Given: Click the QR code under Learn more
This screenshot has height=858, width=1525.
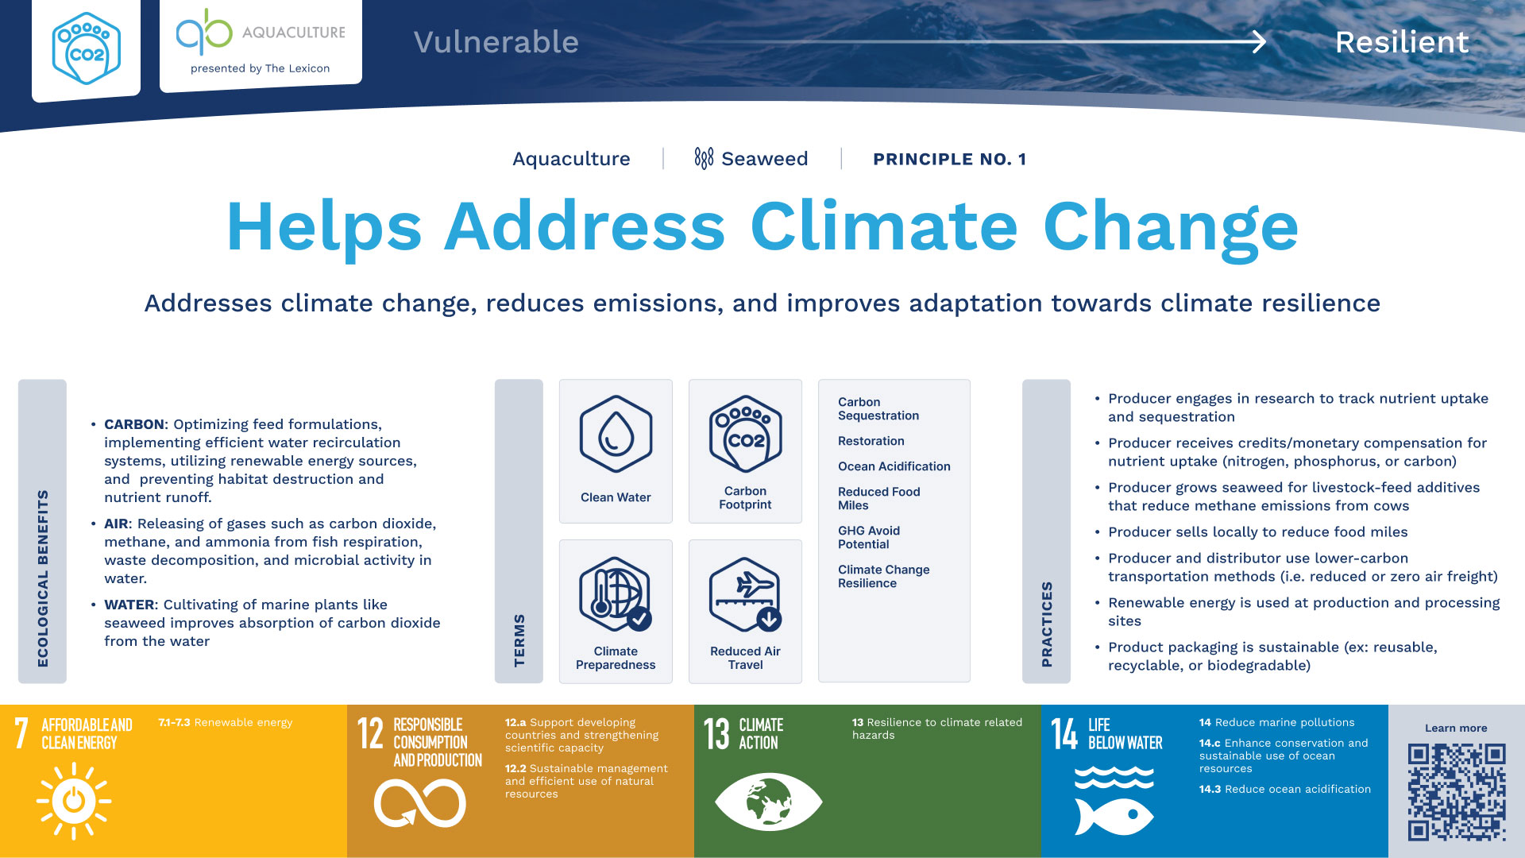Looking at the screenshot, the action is (1457, 792).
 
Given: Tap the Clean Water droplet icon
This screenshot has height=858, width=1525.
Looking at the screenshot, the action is (616, 434).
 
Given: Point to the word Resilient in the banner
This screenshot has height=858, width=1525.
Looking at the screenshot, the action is (1402, 42).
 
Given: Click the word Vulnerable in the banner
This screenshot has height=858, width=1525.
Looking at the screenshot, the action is (496, 42).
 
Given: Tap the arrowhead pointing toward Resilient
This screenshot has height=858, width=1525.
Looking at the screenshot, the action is (1258, 41).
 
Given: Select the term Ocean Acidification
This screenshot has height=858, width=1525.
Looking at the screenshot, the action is (894, 466).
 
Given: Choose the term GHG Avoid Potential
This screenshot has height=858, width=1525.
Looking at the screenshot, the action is (869, 537).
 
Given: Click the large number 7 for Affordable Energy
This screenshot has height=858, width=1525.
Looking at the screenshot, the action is (21, 732).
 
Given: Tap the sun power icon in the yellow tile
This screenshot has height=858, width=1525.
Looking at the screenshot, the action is (74, 801).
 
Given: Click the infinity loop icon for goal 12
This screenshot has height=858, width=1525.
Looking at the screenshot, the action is (420, 802).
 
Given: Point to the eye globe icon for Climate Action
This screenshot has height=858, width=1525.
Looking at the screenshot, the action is (768, 802).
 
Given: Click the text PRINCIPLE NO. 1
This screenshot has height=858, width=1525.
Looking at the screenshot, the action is (950, 159).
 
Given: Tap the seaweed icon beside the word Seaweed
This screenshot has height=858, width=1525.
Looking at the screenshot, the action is (704, 158).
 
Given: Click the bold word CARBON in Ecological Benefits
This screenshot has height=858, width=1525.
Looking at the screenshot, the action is (134, 424).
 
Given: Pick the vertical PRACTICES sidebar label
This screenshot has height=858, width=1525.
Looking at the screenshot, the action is (1047, 624).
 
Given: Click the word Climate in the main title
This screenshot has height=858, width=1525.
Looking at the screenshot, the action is (884, 227).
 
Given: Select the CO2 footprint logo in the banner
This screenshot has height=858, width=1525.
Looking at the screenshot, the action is (86, 49).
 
